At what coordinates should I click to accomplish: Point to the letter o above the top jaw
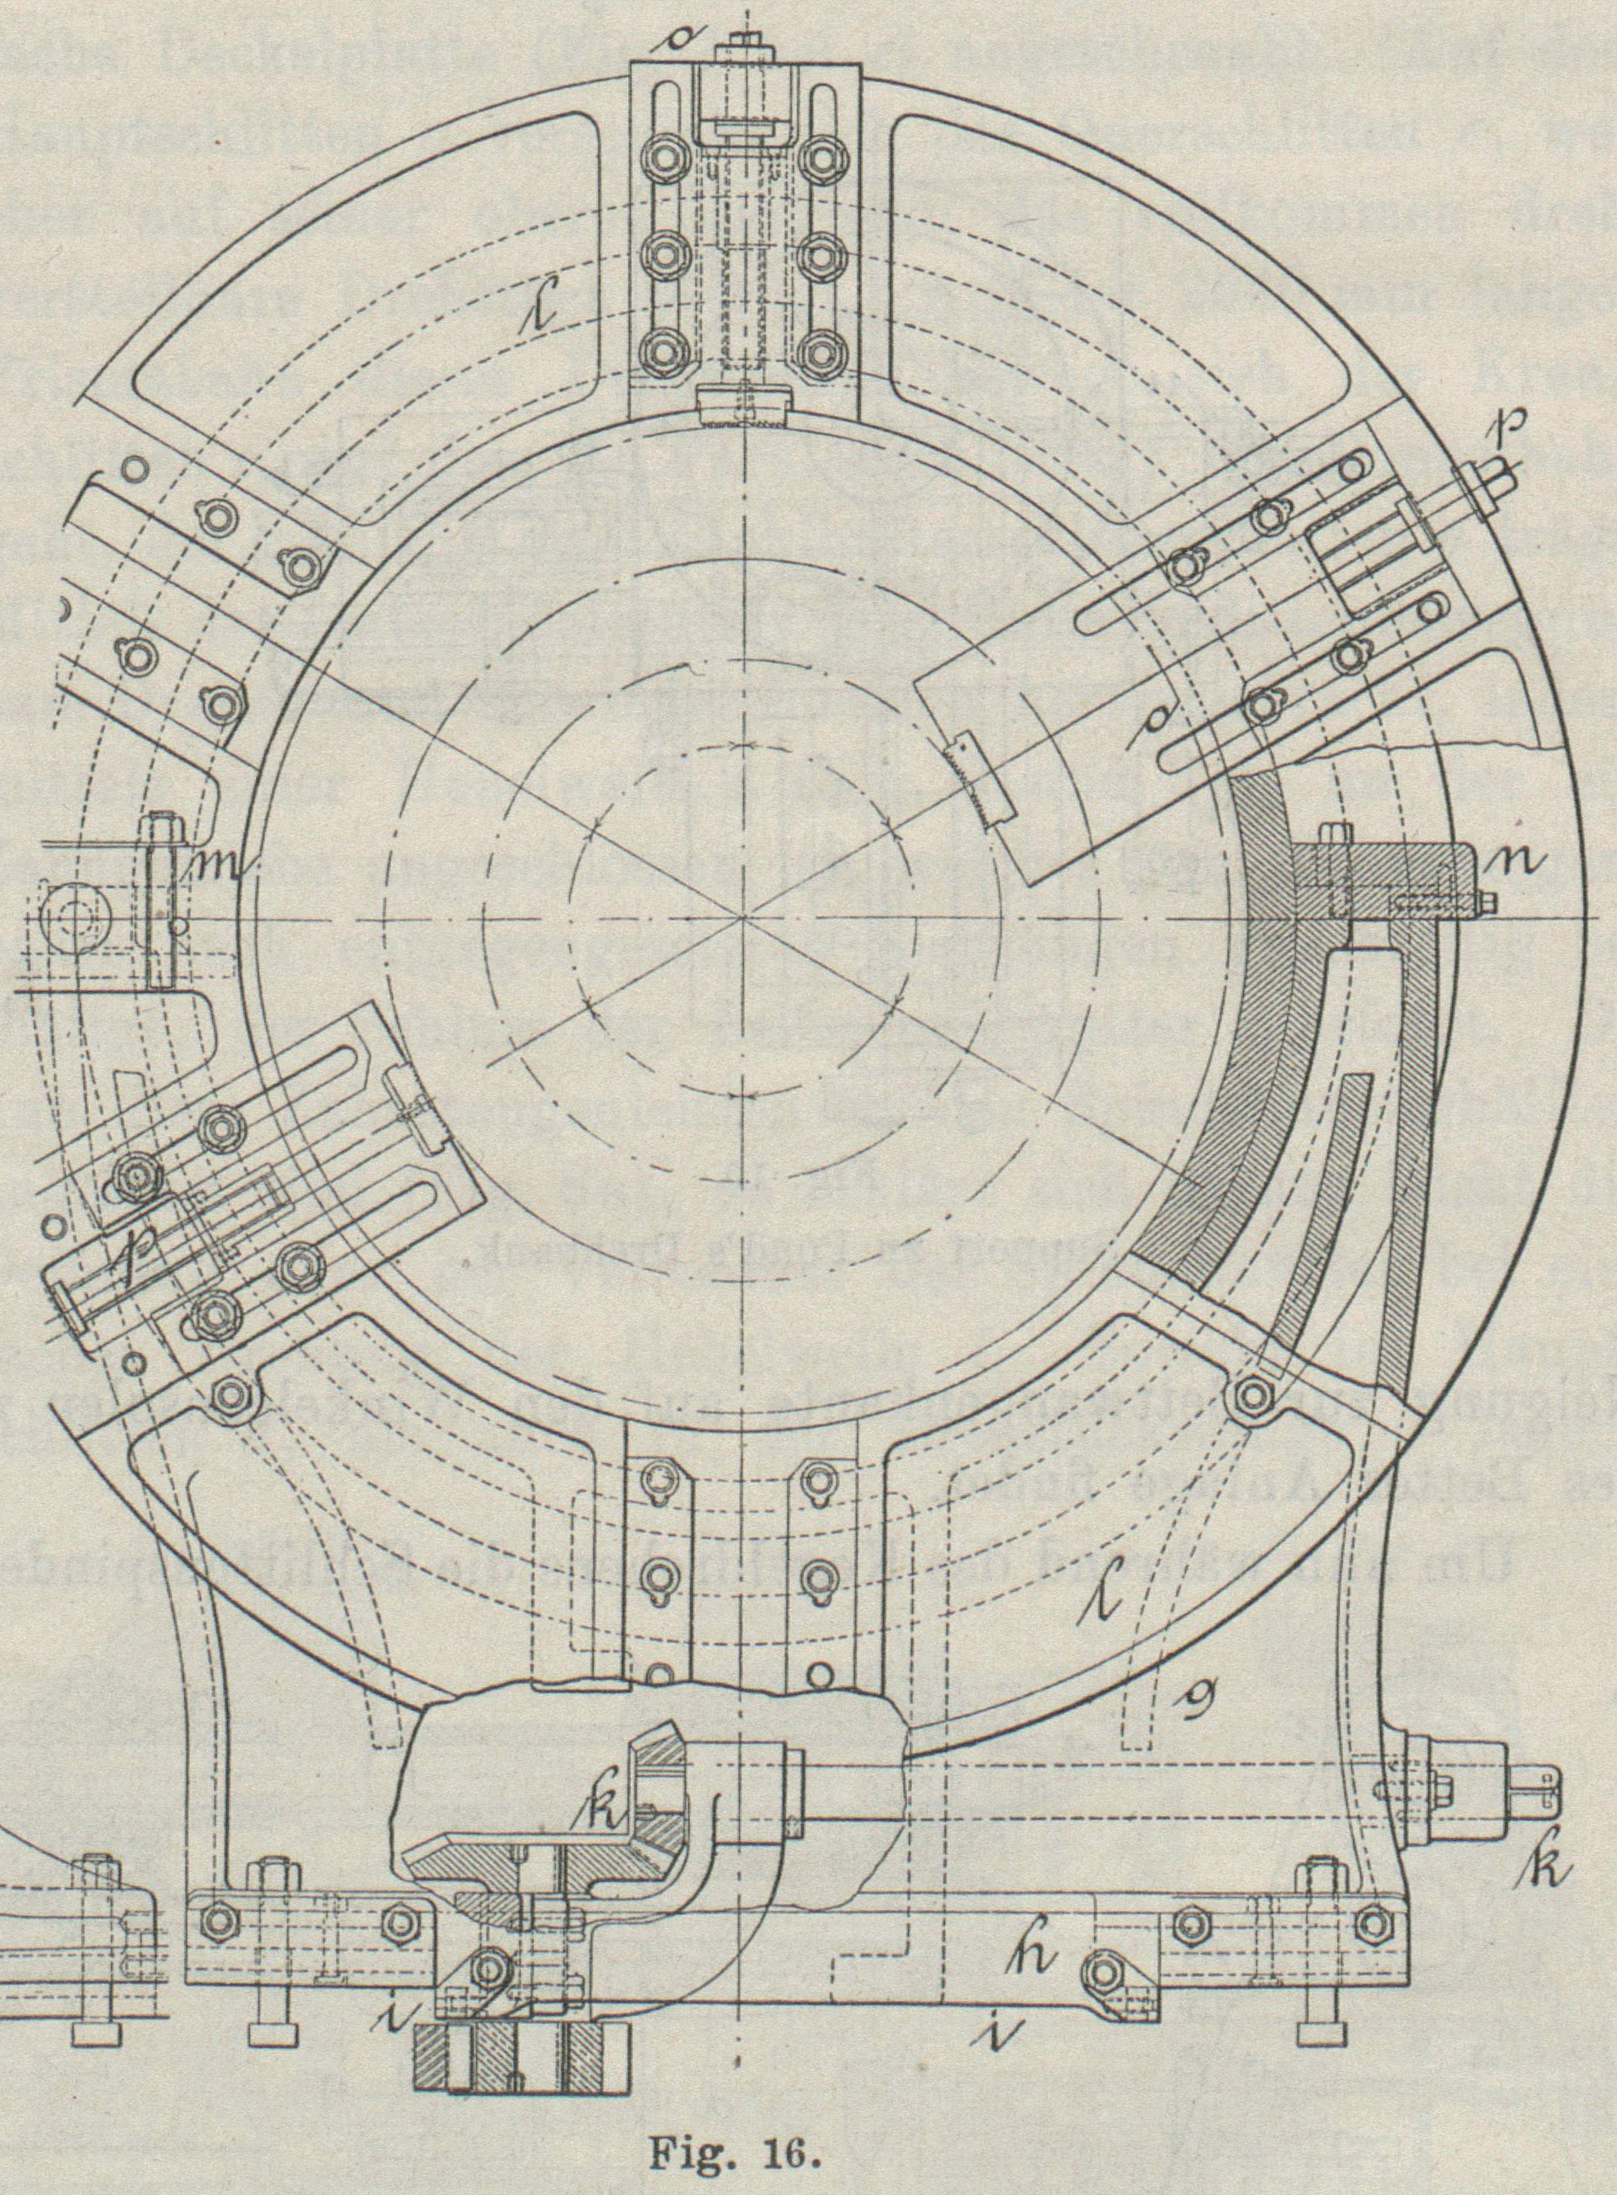click(676, 45)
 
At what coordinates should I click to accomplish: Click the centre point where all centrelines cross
click(743, 918)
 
